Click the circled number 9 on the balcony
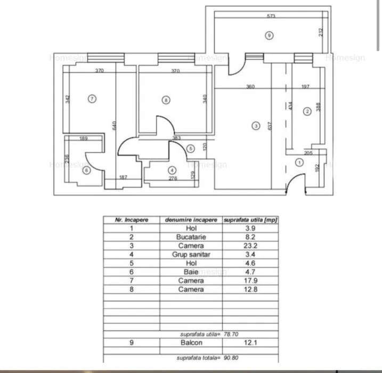[x=269, y=35]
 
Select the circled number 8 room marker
[x=166, y=99]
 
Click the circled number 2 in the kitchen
[x=307, y=111]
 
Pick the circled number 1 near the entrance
[x=299, y=162]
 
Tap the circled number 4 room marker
[x=172, y=170]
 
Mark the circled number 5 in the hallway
[x=191, y=149]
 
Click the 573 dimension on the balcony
[x=271, y=17]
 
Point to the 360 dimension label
[x=250, y=87]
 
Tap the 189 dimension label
[x=84, y=139]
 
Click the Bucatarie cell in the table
[x=191, y=237]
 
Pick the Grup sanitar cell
[x=191, y=254]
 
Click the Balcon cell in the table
[x=191, y=343]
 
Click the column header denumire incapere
[x=191, y=219]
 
